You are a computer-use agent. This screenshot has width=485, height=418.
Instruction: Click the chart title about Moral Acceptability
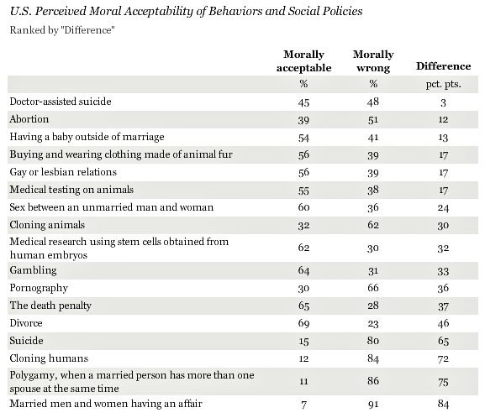(x=187, y=12)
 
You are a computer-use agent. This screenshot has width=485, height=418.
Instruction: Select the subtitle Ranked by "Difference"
(x=62, y=30)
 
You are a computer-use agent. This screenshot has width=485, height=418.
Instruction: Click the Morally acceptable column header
(x=303, y=61)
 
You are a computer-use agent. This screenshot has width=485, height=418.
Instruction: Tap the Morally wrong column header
(x=373, y=61)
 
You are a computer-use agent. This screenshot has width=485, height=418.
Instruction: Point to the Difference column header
(x=444, y=66)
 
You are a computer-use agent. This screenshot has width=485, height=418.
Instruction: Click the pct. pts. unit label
(x=444, y=84)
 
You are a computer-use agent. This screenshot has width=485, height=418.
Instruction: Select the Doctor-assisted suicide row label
(x=61, y=102)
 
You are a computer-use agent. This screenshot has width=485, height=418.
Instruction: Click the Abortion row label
(x=29, y=119)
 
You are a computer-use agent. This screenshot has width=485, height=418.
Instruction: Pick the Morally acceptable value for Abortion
(x=303, y=120)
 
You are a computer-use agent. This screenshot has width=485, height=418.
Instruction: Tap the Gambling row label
(x=33, y=270)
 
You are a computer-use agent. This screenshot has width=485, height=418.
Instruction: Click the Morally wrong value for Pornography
(x=373, y=288)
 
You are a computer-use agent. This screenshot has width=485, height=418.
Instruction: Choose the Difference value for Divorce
(x=443, y=323)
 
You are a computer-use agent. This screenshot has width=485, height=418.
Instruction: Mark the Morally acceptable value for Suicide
(x=303, y=341)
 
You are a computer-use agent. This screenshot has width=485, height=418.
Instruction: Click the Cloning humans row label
(x=49, y=358)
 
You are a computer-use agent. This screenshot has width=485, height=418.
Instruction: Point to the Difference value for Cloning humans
(x=443, y=358)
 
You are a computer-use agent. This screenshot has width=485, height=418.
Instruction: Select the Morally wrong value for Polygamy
(x=373, y=381)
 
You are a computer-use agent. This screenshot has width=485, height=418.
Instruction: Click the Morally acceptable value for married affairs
(x=303, y=405)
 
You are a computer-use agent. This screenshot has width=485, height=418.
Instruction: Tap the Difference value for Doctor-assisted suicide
(x=443, y=102)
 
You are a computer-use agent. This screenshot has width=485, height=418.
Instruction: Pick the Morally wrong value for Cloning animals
(x=373, y=225)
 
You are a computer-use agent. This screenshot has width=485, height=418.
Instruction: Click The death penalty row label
(x=50, y=306)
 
